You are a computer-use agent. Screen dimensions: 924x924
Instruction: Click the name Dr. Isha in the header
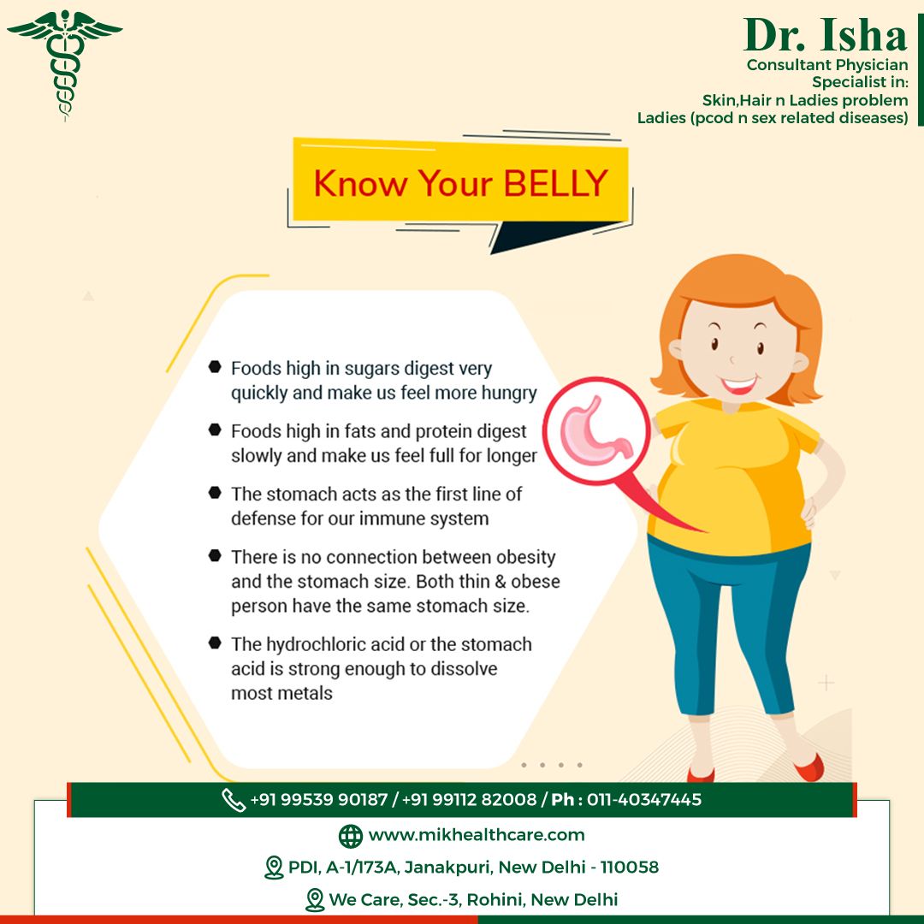tap(825, 35)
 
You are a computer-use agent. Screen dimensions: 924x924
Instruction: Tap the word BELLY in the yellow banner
tap(555, 183)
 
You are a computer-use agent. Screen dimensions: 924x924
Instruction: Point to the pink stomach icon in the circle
tap(595, 430)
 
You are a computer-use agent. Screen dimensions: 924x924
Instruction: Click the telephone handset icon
tap(234, 800)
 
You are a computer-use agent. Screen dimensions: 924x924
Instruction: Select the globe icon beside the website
tap(351, 836)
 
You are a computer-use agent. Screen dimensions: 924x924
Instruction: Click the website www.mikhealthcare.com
tap(477, 835)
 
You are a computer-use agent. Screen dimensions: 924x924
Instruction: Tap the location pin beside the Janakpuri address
tap(274, 868)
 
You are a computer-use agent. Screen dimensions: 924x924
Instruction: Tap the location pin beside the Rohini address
tap(315, 900)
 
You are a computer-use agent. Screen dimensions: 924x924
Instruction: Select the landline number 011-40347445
tap(644, 799)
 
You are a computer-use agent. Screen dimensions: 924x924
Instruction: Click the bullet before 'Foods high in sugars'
tap(215, 366)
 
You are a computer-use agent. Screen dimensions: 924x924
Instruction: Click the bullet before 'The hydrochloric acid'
tap(215, 643)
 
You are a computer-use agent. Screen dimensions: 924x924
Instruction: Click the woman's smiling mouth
tap(738, 385)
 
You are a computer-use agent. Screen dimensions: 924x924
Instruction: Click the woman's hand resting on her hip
tap(808, 510)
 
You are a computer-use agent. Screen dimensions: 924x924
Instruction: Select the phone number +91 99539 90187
tap(319, 799)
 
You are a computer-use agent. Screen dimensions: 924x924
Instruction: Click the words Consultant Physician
tap(826, 65)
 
